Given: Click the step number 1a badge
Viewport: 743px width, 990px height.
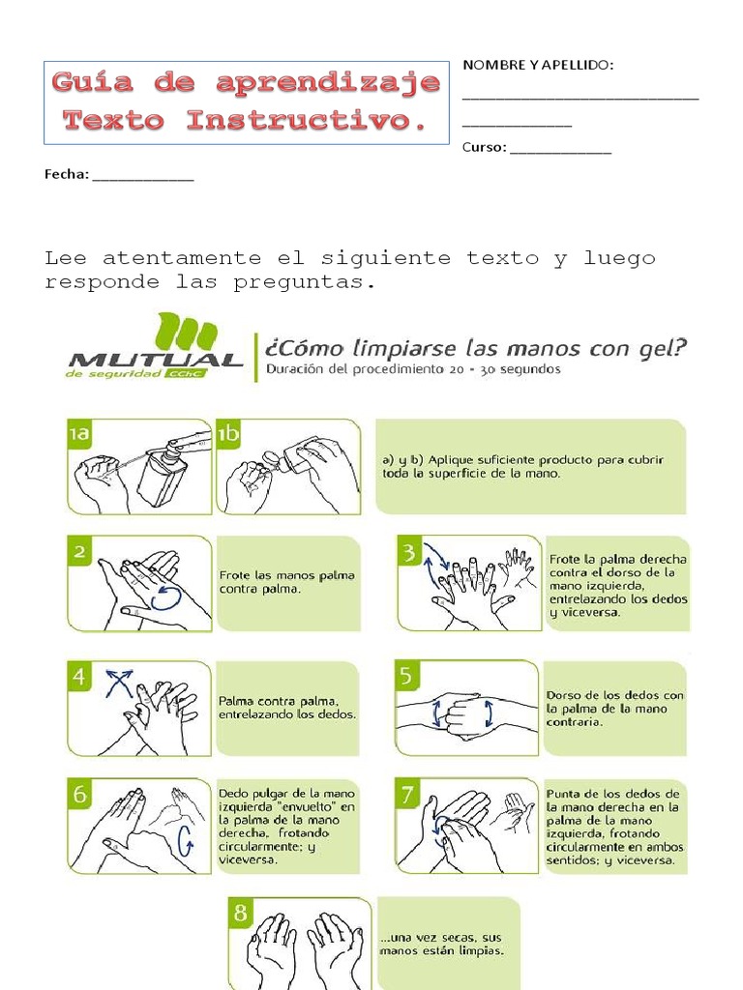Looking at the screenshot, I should [x=78, y=436].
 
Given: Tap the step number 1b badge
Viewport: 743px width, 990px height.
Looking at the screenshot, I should [x=228, y=436].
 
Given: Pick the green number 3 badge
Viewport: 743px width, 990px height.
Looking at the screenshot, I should [x=410, y=552].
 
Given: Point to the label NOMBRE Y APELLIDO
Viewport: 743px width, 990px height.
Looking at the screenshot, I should [x=538, y=65].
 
